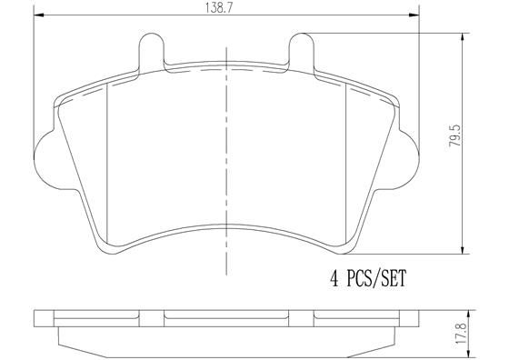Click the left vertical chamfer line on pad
click(108, 164)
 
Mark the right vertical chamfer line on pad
click(344, 164)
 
